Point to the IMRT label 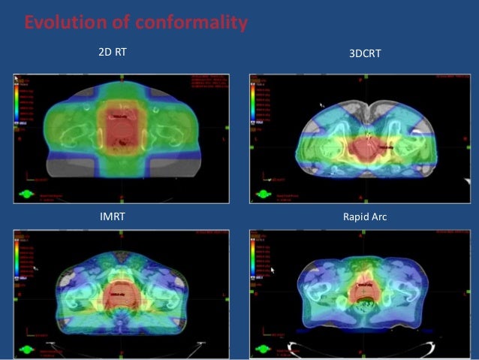pyautogui.click(x=113, y=216)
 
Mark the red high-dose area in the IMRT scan pyautogui.click(x=120, y=293)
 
